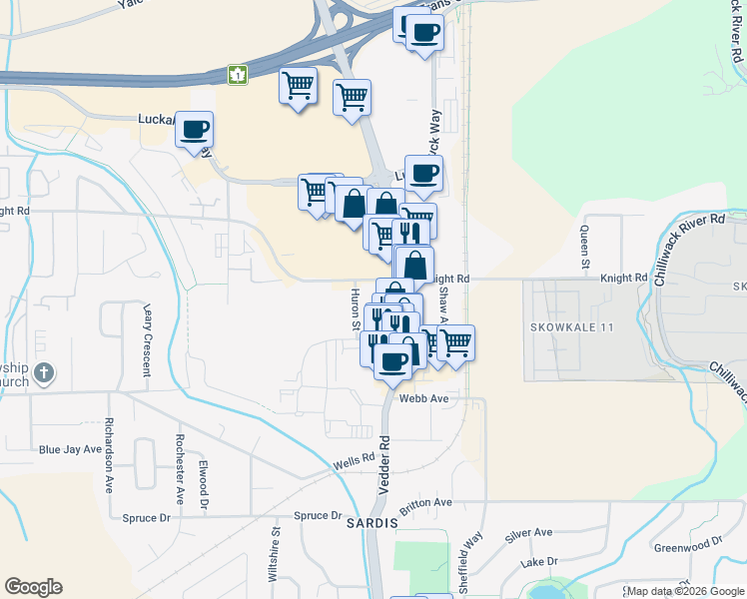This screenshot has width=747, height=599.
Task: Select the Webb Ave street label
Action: [x=424, y=397]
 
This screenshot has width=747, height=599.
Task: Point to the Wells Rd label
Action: [x=354, y=464]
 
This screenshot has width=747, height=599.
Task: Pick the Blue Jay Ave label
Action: [x=66, y=450]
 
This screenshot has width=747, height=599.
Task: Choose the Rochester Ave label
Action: [x=180, y=468]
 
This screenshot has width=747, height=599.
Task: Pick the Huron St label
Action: [x=355, y=308]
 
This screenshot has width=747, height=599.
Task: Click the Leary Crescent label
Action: [x=147, y=339]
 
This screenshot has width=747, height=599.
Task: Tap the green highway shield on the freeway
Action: [x=238, y=74]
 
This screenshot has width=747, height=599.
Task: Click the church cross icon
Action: [x=43, y=373]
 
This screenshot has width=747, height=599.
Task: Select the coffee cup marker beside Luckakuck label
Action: [x=195, y=128]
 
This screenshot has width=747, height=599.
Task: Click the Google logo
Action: [x=33, y=587]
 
